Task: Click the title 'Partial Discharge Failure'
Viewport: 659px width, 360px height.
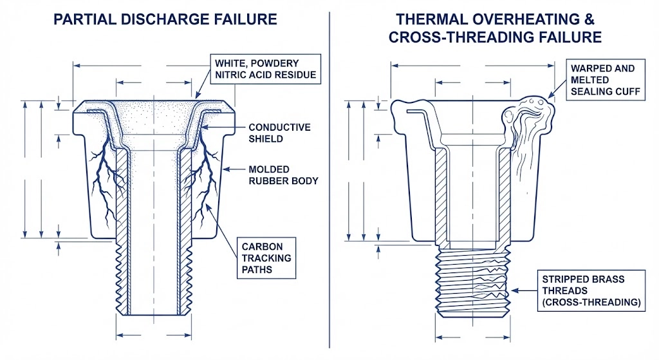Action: click(x=165, y=19)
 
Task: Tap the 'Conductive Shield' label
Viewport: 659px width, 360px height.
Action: click(x=279, y=133)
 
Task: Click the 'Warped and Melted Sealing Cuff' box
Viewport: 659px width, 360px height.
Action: click(x=602, y=81)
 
